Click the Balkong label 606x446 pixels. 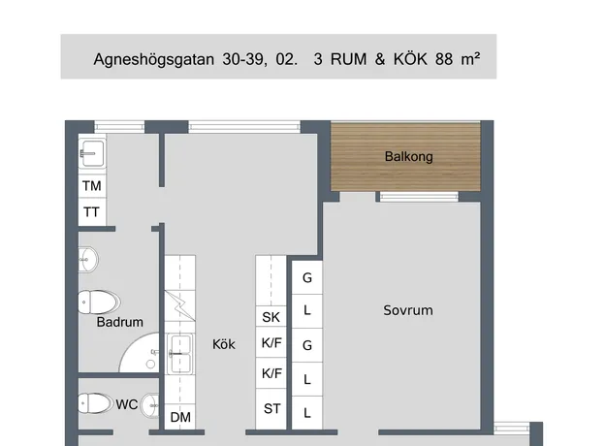point(408,156)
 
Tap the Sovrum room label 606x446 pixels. point(408,310)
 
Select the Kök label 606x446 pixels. point(224,344)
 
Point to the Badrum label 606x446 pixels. point(120,322)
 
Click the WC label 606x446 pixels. point(127,404)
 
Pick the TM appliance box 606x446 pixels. point(92,186)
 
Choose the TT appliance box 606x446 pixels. point(92,212)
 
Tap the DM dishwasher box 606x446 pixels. point(180,417)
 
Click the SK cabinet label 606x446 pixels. point(271,317)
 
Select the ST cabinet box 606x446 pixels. point(271,409)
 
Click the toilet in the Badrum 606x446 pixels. point(99,303)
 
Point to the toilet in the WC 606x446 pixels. point(96,403)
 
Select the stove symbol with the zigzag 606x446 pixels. point(180,305)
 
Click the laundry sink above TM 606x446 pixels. point(93,153)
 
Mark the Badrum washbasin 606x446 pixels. point(88,260)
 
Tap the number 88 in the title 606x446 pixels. point(444,59)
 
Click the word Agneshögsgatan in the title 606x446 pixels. point(154,60)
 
